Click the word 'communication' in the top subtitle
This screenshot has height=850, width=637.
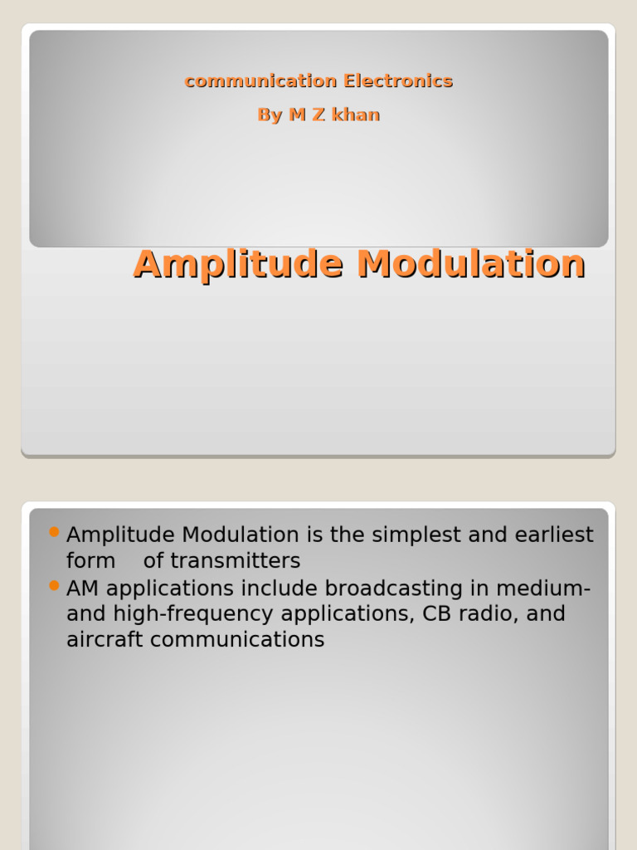click(260, 81)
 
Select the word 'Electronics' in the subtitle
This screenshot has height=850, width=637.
click(398, 81)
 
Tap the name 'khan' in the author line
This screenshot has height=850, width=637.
click(356, 115)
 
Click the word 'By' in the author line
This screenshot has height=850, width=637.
click(270, 115)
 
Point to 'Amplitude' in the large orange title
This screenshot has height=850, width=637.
click(239, 265)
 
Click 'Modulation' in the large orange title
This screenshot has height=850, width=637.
click(471, 265)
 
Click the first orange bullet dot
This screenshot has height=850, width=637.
click(55, 531)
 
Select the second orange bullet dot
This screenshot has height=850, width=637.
click(55, 585)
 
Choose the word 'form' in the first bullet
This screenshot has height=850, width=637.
click(90, 561)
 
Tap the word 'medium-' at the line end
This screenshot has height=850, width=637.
click(544, 589)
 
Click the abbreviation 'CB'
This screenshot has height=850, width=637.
click(437, 614)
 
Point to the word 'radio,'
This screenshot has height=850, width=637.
click(490, 614)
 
